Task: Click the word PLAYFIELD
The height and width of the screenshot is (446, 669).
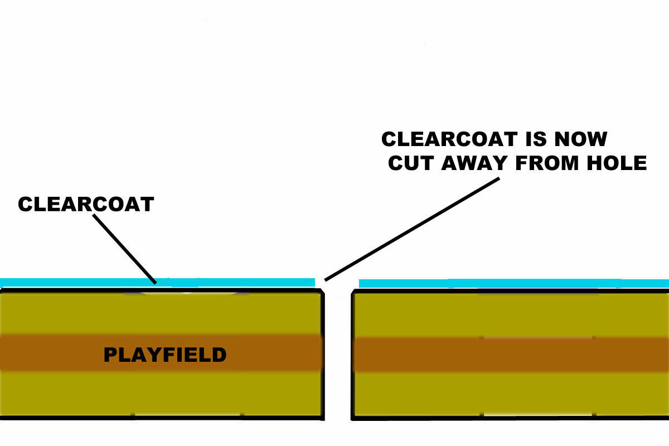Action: (165, 355)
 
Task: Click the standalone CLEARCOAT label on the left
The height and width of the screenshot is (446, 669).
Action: (86, 204)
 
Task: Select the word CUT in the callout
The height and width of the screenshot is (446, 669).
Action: (411, 163)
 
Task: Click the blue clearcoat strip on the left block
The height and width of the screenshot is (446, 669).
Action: (84, 283)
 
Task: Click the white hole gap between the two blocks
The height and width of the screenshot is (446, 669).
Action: (337, 357)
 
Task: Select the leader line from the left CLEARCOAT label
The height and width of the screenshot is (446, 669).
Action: (124, 249)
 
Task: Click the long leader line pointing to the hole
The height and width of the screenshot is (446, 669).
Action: (413, 229)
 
